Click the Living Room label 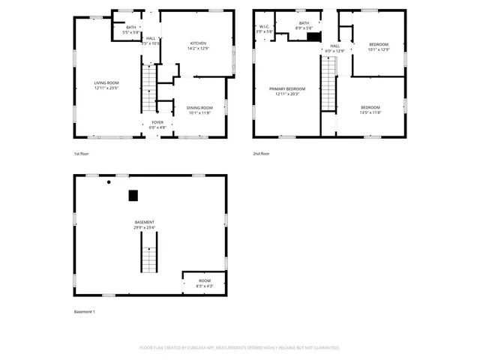click(107, 85)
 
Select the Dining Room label click(199, 110)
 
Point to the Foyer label click(157, 124)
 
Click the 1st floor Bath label click(130, 29)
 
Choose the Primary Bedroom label click(286, 91)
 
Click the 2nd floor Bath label click(304, 25)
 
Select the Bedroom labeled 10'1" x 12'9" click(379, 46)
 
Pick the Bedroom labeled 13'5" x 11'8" click(370, 109)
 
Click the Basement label click(145, 224)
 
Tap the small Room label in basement click(205, 283)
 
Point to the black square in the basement click(133, 196)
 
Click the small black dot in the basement click(109, 182)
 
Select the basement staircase click(149, 253)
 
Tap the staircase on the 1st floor click(149, 88)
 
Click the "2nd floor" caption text click(261, 154)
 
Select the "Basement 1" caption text click(84, 311)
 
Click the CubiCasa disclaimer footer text click(239, 348)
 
